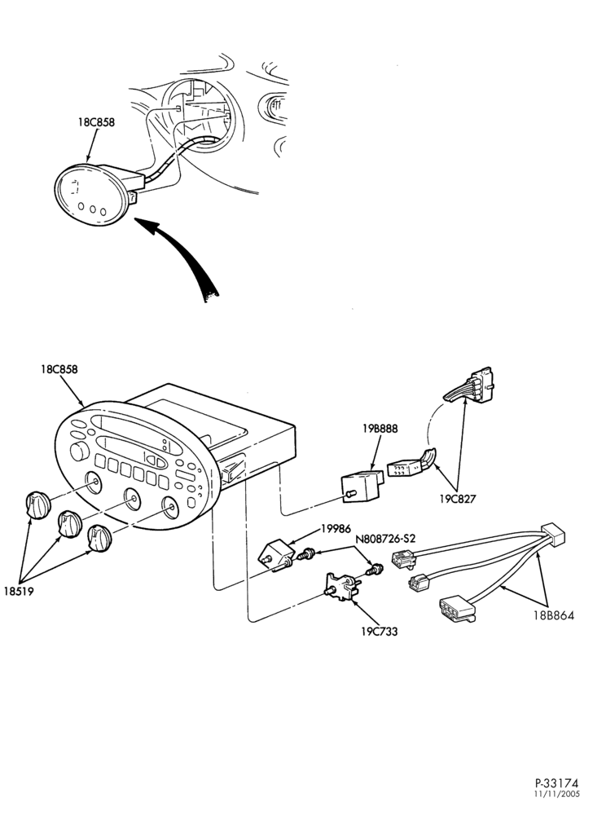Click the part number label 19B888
point(380,429)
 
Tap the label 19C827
point(457,500)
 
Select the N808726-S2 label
point(386,539)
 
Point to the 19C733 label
point(380,632)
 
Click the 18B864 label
point(554,616)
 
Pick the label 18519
point(19,592)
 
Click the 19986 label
point(336,529)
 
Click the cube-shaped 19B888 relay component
point(362,484)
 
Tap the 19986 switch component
point(277,555)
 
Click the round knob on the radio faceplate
point(79,452)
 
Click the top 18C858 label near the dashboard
point(96,123)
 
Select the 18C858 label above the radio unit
point(59,369)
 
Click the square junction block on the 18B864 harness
point(552,535)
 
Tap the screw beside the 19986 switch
point(309,555)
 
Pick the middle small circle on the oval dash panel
point(92,210)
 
